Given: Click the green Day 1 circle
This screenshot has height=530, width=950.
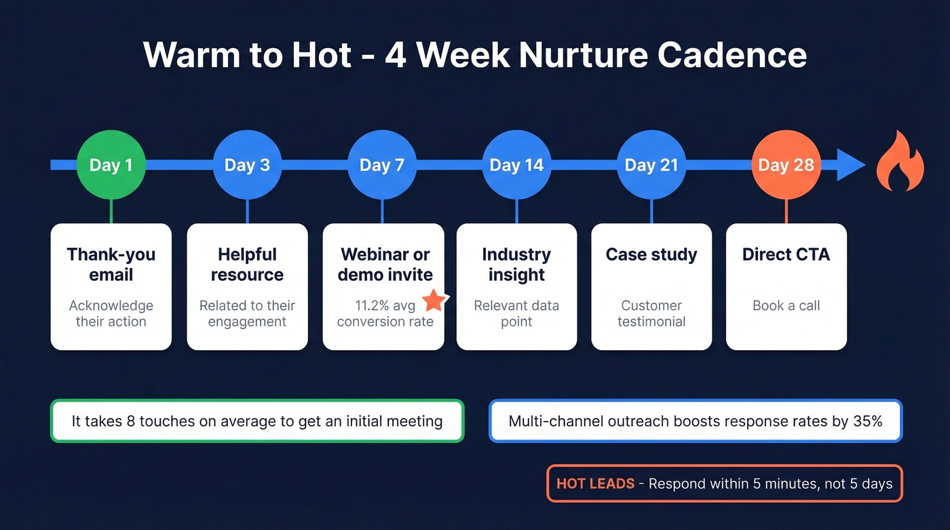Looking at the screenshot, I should click(111, 165).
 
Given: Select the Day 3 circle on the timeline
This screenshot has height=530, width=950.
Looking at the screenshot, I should click(247, 165).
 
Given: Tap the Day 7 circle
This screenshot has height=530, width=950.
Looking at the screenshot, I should click(381, 165).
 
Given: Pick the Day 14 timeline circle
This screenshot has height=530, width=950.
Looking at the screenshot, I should click(516, 165).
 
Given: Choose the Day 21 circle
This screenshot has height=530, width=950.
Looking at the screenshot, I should click(651, 165).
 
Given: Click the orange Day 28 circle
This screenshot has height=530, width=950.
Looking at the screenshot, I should click(786, 165).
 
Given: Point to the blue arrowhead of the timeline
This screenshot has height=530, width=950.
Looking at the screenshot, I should click(851, 165).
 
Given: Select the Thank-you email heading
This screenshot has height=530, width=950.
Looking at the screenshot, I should click(111, 265).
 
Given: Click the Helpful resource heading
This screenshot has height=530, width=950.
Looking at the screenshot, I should click(247, 265).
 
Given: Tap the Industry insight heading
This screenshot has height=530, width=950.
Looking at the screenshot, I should click(516, 265).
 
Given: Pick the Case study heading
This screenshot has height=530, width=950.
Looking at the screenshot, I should click(651, 254).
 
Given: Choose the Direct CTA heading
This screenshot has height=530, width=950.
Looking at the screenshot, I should click(786, 254).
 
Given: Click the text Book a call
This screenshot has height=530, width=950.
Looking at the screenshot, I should click(786, 305).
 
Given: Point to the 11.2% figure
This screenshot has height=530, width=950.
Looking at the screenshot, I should click(372, 305).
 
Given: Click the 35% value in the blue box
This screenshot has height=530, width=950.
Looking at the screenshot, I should click(868, 421).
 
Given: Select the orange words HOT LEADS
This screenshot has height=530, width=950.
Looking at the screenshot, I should click(595, 484).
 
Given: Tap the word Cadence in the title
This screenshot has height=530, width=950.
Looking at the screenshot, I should click(732, 55).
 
